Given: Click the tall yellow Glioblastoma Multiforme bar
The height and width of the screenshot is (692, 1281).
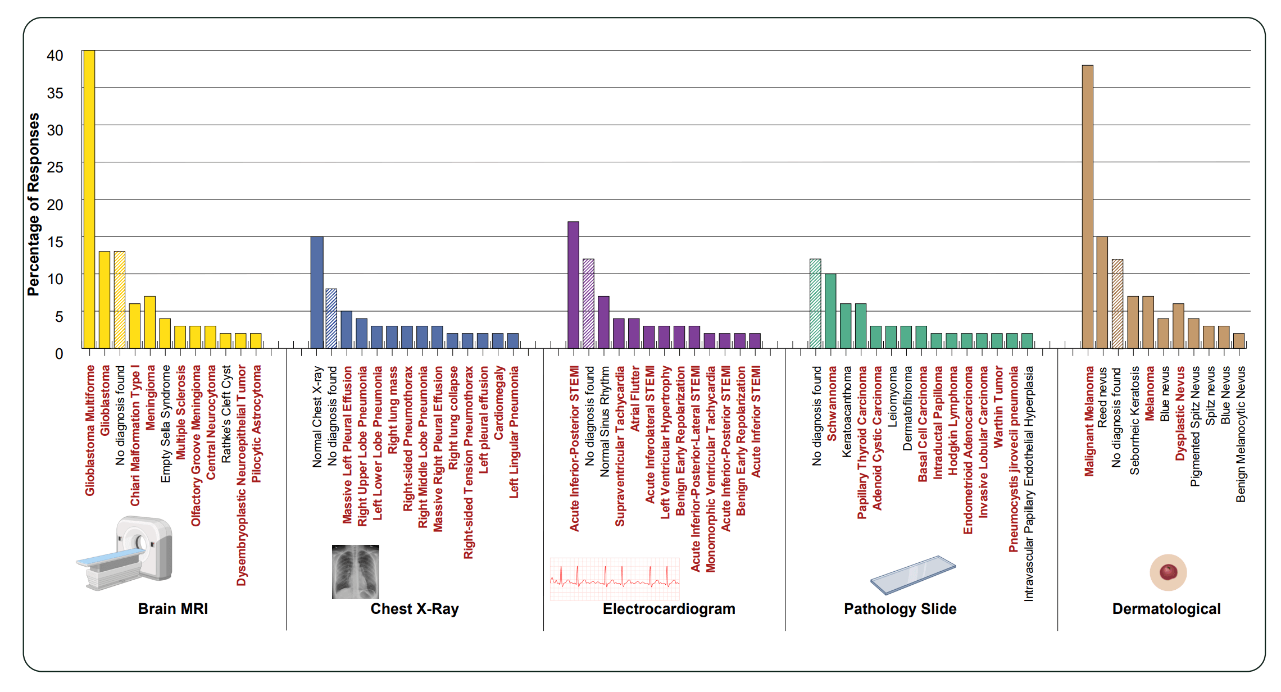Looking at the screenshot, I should [89, 199].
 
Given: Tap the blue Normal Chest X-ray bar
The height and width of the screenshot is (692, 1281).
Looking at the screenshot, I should [317, 292].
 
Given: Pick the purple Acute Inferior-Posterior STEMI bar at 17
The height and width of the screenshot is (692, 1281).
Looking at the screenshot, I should [573, 285].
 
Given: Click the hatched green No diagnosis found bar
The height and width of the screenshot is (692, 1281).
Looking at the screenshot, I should [815, 303].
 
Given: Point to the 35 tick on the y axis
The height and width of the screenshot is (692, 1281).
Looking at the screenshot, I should [55, 93].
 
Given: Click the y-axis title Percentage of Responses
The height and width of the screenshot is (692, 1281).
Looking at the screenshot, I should [34, 204].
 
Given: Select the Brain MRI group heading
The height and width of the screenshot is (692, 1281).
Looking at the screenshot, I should [173, 609].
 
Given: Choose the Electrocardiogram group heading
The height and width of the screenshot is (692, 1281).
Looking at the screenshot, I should [669, 609].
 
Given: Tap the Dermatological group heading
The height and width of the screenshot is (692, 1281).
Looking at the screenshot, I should [1166, 609].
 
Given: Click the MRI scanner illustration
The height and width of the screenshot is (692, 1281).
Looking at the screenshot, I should [125, 553].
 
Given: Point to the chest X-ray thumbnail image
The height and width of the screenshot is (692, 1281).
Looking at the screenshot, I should [355, 571].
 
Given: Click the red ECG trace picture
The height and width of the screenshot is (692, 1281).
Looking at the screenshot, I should [615, 579].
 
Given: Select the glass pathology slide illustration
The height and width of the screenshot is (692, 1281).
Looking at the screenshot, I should [912, 575].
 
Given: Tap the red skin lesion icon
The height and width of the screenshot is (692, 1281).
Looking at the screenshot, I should [1168, 572].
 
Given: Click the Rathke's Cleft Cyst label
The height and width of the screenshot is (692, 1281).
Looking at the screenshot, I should [226, 414].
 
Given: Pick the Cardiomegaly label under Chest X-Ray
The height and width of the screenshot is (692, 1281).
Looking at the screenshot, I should [499, 403].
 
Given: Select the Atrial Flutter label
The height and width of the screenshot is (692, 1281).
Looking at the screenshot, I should [635, 399].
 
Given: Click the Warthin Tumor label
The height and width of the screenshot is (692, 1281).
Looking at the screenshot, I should [998, 407].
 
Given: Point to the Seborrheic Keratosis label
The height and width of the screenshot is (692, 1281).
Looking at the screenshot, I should [1134, 420].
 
